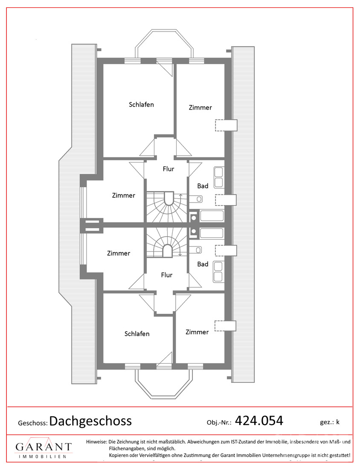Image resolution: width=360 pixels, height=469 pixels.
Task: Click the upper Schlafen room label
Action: click(x=141, y=105)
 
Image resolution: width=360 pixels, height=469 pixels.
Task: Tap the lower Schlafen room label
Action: click(x=137, y=334)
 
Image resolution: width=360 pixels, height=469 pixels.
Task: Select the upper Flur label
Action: click(x=168, y=169)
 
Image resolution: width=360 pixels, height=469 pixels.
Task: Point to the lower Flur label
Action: click(x=167, y=275)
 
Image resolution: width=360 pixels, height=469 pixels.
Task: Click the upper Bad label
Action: click(x=203, y=186)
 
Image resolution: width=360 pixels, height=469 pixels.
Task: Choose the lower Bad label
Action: click(x=203, y=264)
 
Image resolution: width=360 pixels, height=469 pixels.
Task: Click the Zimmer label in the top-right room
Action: click(x=200, y=107)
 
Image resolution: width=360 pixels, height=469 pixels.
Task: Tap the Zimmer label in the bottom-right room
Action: click(x=197, y=332)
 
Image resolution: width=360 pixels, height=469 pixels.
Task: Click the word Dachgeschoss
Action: click(x=90, y=421)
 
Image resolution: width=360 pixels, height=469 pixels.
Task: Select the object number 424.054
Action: click(x=259, y=420)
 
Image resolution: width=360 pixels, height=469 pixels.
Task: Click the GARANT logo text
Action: click(x=44, y=447)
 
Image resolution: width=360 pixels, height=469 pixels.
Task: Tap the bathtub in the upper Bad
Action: click(x=212, y=216)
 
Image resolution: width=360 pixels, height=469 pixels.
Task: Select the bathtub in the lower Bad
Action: click(x=212, y=233)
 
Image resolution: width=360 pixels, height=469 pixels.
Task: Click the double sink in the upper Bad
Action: click(x=218, y=178)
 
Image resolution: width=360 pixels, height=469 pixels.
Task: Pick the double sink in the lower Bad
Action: click(x=218, y=272)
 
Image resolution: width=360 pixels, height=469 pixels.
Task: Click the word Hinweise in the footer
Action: click(x=96, y=441)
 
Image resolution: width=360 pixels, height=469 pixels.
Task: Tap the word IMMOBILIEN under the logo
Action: click(x=43, y=457)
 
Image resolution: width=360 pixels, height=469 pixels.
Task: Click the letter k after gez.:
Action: click(x=338, y=422)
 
